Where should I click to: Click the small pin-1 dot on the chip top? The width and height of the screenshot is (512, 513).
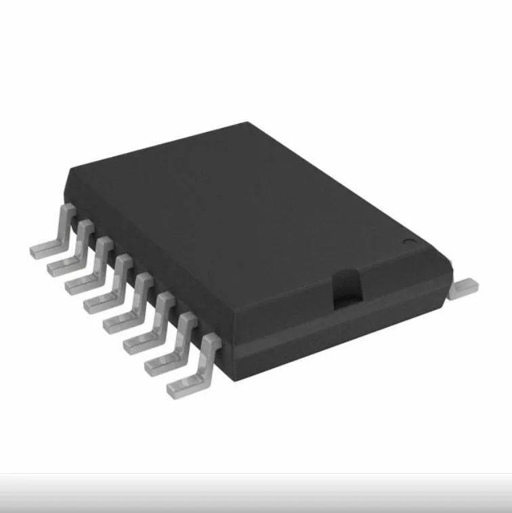coord(408,242)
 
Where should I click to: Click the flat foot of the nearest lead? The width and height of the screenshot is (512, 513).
coord(182,387)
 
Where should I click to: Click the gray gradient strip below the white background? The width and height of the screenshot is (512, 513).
coord(256,493)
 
